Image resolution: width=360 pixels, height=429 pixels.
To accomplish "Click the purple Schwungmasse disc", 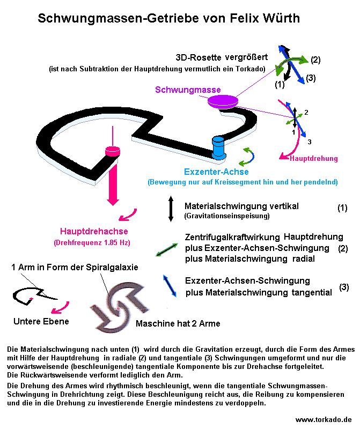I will pos(222,100).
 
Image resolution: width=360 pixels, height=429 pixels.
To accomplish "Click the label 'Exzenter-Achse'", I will pos(216,172).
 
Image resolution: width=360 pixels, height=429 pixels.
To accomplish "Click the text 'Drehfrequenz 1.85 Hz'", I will pos(92,242).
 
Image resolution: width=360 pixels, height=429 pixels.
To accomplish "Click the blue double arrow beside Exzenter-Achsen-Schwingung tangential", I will pos(171,285).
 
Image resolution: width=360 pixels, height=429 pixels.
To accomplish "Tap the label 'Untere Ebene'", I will pos(41,321).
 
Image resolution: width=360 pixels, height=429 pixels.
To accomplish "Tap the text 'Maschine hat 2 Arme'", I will pos(178,324).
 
